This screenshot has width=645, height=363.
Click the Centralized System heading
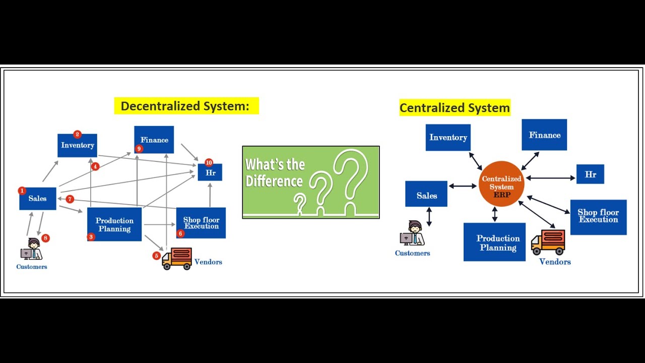tap(455, 108)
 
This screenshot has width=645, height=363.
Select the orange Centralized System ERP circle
tap(501, 184)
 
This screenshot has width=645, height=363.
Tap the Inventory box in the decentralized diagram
tap(77, 146)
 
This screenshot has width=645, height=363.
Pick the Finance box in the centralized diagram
tap(544, 135)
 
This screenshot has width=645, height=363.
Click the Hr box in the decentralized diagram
tap(210, 173)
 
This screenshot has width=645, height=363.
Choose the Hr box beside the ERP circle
tap(590, 174)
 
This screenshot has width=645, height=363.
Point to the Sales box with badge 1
tap(37, 199)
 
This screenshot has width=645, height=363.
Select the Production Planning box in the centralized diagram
tap(494, 243)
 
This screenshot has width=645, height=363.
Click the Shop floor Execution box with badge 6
tap(201, 223)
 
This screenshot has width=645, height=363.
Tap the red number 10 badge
tap(209, 163)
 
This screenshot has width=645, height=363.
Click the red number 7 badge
tap(70, 199)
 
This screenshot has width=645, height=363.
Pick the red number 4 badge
tap(95, 166)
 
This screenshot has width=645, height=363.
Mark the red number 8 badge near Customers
tap(45, 238)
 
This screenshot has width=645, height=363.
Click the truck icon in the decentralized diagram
tap(177, 258)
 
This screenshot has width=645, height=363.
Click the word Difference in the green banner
tap(274, 181)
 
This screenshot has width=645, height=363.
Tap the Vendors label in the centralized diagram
tap(555, 262)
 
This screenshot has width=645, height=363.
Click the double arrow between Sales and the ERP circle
tap(463, 186)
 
